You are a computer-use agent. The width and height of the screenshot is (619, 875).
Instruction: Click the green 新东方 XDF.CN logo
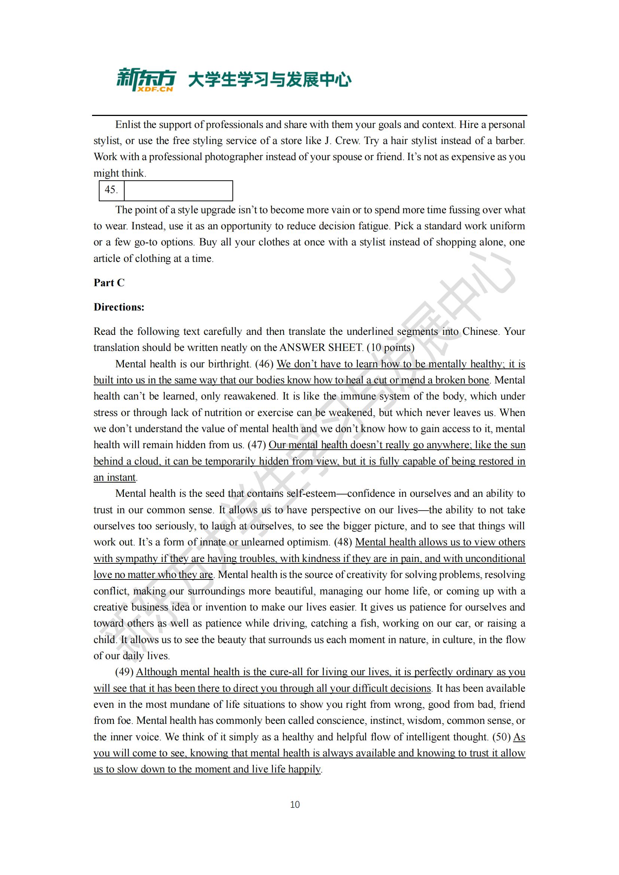(146, 80)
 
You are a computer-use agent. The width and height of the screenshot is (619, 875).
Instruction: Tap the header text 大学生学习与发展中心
(270, 80)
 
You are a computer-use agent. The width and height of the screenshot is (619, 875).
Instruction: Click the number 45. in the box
(111, 190)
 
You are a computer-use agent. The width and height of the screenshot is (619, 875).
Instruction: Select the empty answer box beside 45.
(179, 190)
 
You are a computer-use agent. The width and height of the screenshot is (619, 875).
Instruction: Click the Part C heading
(109, 282)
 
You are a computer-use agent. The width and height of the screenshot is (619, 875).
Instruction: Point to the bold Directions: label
(119, 307)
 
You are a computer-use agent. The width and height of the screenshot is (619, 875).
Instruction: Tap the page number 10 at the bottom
(295, 805)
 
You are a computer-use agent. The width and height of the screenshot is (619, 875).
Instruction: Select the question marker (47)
(256, 445)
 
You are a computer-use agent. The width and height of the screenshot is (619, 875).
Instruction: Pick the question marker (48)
(343, 542)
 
